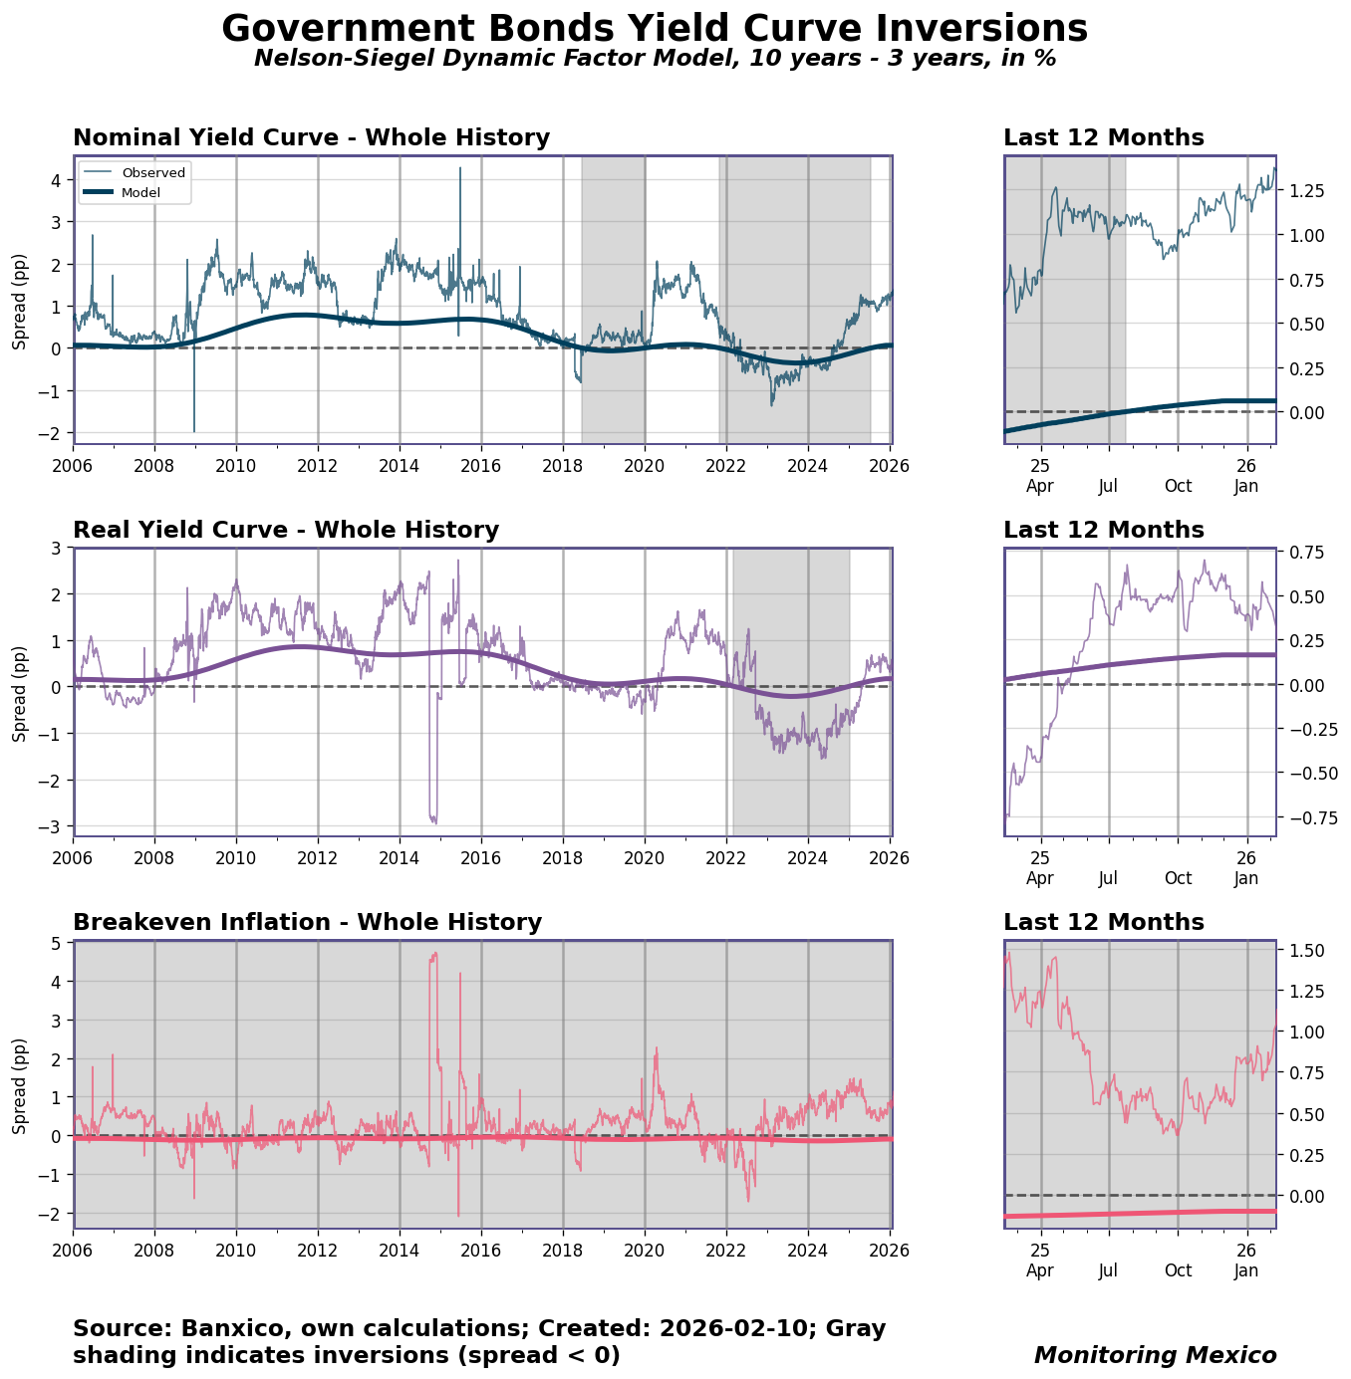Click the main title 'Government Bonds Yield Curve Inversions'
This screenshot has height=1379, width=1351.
tap(655, 29)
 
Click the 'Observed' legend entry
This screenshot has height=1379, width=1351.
tap(153, 172)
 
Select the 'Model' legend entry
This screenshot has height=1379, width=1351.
tap(140, 192)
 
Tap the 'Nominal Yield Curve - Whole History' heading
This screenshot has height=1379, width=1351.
tap(311, 138)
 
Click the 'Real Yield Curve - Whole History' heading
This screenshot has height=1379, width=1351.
tap(286, 531)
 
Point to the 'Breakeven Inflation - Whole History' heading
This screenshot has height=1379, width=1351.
tap(307, 923)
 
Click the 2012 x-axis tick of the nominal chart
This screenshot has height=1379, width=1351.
tap(318, 465)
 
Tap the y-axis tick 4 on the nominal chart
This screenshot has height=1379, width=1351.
tap(55, 180)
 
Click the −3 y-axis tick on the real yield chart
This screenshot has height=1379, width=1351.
tap(51, 826)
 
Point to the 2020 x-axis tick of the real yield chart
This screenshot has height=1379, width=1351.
tap(645, 857)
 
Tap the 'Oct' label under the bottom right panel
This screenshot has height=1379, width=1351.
tap(1178, 1270)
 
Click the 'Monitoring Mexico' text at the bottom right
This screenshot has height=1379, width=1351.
tap(1155, 1355)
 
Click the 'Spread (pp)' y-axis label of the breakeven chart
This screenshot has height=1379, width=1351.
tap(20, 1085)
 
